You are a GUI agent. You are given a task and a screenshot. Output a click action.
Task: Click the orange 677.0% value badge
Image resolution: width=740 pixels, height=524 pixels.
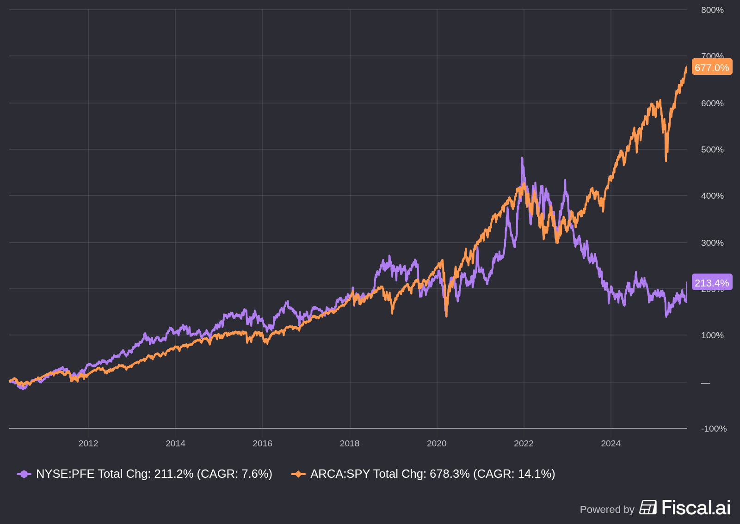[712, 67]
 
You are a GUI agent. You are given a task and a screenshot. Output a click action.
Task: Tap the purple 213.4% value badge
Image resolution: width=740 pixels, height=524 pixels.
[712, 283]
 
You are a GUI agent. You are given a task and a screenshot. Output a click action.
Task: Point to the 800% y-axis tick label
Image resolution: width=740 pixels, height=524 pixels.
[712, 10]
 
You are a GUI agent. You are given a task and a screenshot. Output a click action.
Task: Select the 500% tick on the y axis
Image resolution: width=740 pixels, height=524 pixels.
[712, 150]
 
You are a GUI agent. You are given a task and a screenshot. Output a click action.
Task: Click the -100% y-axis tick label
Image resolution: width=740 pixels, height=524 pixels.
[714, 429]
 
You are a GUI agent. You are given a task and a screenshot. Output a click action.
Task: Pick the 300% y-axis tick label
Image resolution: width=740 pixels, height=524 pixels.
[712, 243]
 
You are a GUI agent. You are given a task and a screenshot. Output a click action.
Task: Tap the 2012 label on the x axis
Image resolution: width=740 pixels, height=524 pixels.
[88, 444]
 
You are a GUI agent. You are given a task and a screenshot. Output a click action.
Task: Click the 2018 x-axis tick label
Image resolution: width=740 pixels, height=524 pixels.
[350, 444]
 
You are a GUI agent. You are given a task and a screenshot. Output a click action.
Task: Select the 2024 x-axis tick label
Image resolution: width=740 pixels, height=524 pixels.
[610, 444]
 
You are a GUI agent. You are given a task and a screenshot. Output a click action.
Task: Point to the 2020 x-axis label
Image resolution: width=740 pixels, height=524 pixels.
[437, 444]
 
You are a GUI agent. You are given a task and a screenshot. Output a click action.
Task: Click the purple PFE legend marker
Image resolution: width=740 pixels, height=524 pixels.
[24, 474]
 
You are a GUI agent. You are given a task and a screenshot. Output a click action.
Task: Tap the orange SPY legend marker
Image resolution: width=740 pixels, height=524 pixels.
[298, 474]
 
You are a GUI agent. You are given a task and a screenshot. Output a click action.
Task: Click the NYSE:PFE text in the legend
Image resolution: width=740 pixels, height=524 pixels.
[65, 474]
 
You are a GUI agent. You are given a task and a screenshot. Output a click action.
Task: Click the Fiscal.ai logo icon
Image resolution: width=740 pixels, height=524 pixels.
[648, 507]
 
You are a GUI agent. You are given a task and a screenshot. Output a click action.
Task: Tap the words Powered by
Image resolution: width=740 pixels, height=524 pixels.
[607, 510]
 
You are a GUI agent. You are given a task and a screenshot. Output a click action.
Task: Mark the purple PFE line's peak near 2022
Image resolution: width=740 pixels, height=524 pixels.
[522, 158]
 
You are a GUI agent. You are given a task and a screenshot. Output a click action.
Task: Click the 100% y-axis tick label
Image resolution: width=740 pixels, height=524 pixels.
[712, 335]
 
